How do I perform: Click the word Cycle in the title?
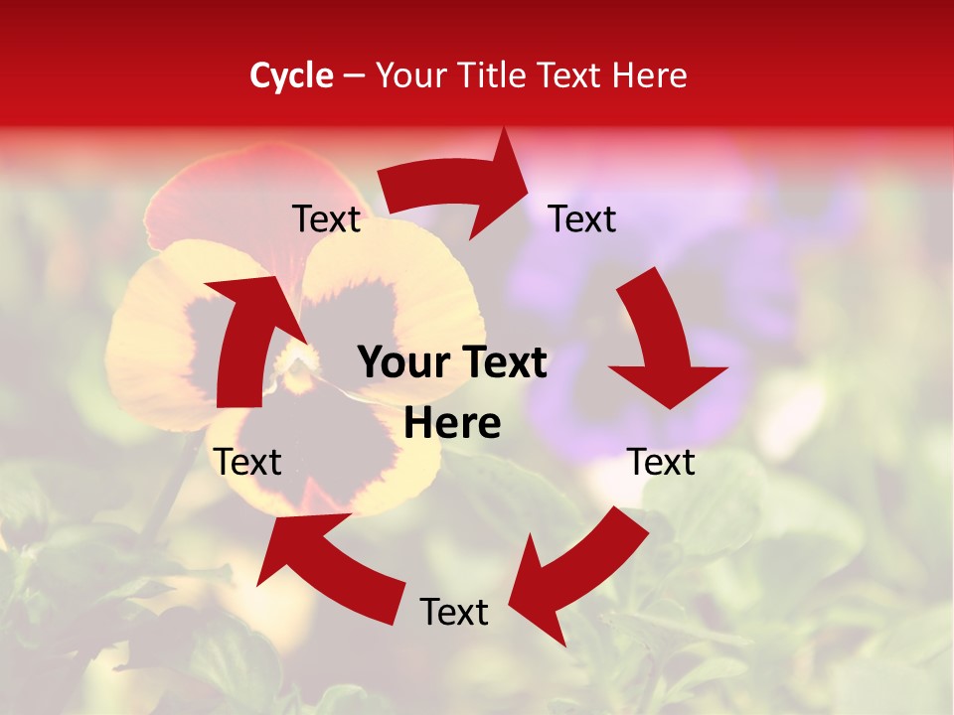coord(291,75)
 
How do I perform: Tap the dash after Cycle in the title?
coord(354,75)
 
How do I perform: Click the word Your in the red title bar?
coord(409,75)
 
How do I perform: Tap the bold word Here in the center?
coord(452,424)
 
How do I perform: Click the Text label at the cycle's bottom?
coord(454,612)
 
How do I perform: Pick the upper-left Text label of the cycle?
coord(326,218)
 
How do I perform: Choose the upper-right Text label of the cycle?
coord(582,218)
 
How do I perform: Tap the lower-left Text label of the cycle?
coord(248,462)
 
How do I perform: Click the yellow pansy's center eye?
coord(295,366)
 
